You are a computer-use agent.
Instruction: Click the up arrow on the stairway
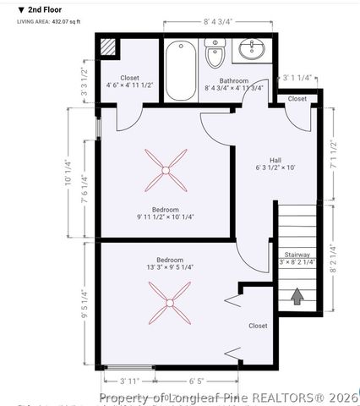click(297, 296)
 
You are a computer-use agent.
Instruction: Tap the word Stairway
click(297, 255)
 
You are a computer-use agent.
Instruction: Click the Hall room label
click(275, 159)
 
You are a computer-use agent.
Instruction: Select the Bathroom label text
click(233, 81)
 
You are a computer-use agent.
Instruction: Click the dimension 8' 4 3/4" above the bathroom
click(218, 23)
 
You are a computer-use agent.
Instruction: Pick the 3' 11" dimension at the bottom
click(129, 380)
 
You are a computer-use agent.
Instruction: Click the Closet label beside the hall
click(297, 99)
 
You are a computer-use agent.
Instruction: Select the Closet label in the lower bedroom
click(258, 326)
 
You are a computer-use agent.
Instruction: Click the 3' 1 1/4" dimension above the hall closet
click(297, 78)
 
